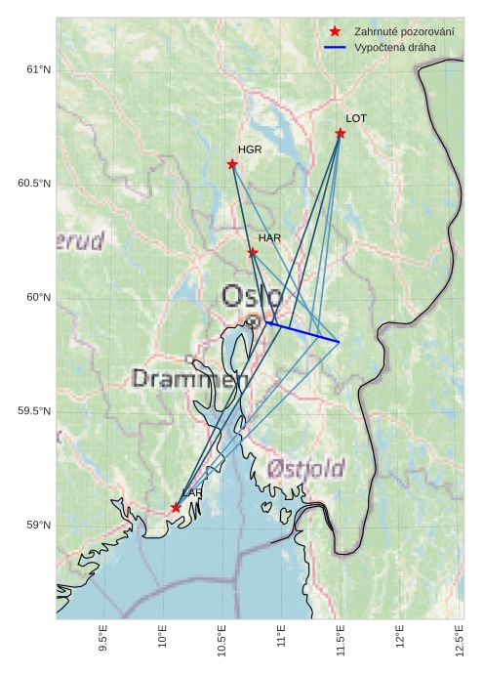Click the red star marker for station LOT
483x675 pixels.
click(341, 133)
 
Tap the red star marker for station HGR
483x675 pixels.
click(232, 164)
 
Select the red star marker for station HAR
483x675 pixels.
click(253, 252)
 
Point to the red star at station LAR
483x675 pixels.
click(176, 508)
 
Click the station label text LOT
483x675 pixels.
click(356, 118)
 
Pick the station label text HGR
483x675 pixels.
click(250, 149)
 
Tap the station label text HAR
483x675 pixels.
click(270, 238)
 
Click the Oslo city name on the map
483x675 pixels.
click(252, 296)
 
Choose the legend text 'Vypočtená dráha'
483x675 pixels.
click(395, 47)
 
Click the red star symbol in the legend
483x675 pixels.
click(335, 32)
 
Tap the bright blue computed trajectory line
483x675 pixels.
click(302, 331)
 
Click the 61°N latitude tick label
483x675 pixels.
click(37, 69)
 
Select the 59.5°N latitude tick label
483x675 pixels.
click(33, 411)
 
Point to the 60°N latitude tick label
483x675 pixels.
click(37, 298)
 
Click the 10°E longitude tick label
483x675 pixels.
click(163, 642)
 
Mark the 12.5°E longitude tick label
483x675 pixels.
click(460, 644)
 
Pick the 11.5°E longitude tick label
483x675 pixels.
click(341, 644)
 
